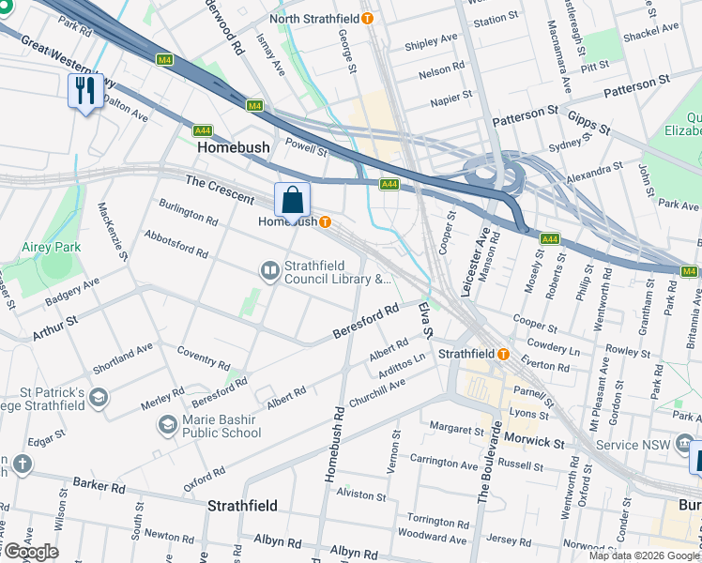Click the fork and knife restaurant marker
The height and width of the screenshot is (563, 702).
(85, 91)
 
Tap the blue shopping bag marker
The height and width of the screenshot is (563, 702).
(292, 199)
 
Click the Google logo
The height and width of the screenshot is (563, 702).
(30, 552)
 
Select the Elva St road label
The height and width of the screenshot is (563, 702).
(426, 320)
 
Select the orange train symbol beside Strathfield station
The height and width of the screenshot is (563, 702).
(503, 355)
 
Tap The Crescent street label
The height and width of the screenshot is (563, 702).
(220, 189)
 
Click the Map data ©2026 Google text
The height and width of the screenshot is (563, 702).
(644, 555)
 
